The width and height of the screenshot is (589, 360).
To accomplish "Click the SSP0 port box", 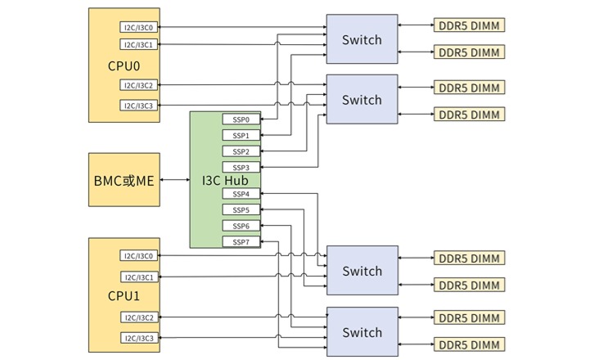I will coord(241,119).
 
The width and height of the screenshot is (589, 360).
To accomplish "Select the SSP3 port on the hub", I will coord(241,168).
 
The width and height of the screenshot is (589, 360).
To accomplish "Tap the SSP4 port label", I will coord(241,194).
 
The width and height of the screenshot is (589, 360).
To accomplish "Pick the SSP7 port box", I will coord(241,242).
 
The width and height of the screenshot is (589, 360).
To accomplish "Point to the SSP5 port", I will coord(241,210).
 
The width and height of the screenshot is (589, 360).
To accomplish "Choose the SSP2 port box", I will coord(241,151).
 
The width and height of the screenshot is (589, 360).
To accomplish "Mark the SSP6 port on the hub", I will coord(241,226).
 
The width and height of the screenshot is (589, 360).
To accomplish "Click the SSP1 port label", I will coord(241,135).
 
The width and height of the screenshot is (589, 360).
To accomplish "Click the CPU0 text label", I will coord(124,65).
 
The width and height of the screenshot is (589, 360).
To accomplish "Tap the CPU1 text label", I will coord(124,295).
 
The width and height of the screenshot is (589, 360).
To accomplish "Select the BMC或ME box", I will coord(124,179).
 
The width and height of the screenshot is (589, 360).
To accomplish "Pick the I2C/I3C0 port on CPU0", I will coord(139,27).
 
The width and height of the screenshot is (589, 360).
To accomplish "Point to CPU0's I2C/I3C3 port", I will coord(139,106).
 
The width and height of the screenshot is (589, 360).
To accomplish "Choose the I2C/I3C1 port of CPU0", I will coord(139,44).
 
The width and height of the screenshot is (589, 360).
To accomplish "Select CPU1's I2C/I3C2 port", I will coord(139,317).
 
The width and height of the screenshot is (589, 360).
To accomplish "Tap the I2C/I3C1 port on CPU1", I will coord(139,277).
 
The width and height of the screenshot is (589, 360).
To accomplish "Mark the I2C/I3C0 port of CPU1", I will coord(139,256).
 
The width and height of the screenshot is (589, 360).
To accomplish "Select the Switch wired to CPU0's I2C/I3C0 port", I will coord(362,39).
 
